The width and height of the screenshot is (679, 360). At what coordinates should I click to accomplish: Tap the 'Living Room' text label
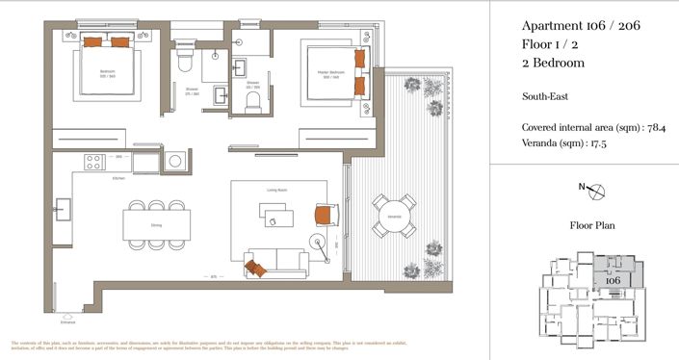[x=278, y=191]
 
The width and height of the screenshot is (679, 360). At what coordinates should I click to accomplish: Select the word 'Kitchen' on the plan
[x=118, y=178]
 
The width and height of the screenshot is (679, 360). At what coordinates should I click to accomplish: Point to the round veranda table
[x=393, y=217]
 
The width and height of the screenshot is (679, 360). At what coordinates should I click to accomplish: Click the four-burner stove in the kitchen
[x=93, y=162]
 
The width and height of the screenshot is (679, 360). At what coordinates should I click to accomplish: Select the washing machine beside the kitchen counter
[x=175, y=162]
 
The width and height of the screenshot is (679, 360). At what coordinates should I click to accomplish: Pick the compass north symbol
[x=597, y=191]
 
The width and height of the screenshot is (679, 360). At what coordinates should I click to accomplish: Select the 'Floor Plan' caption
[x=593, y=226]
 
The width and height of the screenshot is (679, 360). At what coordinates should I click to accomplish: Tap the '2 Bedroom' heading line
[x=553, y=63]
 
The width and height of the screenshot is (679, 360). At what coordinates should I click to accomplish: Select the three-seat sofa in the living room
[x=277, y=260]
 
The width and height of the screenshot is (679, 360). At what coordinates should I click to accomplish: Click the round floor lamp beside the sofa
[x=318, y=242]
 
